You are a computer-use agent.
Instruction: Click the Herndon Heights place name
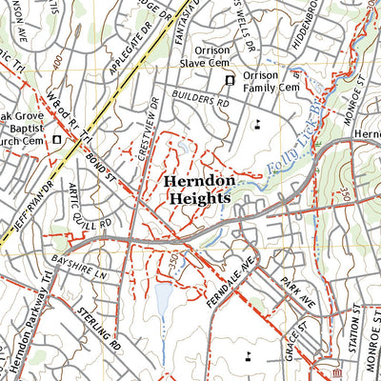pos(195,189)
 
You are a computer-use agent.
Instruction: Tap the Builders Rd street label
pos(202,98)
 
